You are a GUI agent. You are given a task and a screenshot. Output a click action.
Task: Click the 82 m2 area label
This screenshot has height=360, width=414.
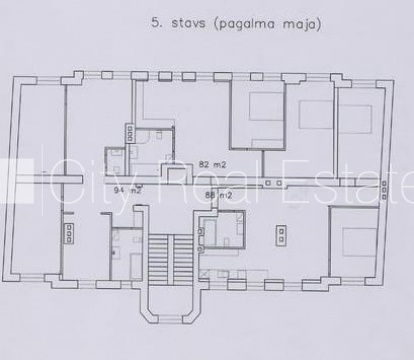[x=212, y=164]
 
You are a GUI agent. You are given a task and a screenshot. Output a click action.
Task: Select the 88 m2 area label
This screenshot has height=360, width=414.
[x=219, y=195]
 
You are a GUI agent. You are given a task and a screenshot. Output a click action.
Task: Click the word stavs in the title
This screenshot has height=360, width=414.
[x=188, y=24]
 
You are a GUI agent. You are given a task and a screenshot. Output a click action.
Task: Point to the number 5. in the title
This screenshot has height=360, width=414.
[x=157, y=23]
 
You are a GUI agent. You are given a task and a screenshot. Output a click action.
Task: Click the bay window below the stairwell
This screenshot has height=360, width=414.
[x=170, y=304]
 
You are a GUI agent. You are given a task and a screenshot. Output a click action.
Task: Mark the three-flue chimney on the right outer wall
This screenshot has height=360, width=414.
[x=384, y=190]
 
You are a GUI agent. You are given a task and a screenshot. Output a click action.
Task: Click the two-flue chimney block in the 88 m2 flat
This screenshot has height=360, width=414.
[x=281, y=235]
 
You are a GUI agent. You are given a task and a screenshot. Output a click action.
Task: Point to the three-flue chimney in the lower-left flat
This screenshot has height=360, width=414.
[x=69, y=233]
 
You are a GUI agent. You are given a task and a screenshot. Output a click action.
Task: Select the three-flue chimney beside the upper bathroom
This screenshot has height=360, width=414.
[x=130, y=133]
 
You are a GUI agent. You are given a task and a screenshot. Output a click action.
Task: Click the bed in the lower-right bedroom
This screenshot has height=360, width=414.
[x=360, y=242]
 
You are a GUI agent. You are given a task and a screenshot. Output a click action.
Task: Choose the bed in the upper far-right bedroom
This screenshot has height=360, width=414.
[x=355, y=119]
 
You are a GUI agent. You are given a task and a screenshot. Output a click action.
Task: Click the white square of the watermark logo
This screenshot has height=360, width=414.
[x=17, y=181]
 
